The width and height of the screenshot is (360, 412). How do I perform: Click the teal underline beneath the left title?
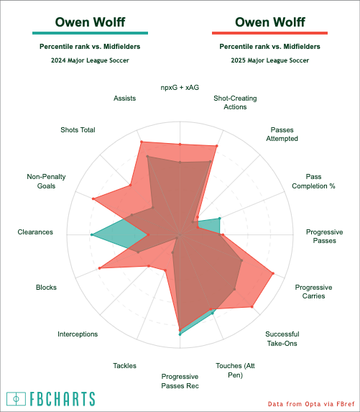click(x=90, y=33)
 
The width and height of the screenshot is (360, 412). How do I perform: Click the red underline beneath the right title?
click(x=269, y=33)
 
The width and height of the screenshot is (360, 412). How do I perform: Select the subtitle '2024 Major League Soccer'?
click(x=90, y=60)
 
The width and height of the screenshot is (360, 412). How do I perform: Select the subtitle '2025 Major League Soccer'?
click(x=270, y=60)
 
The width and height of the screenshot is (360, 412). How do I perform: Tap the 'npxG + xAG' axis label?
click(x=180, y=88)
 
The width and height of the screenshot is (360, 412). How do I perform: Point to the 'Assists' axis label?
click(x=125, y=99)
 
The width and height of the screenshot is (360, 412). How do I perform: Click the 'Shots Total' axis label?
click(x=78, y=130)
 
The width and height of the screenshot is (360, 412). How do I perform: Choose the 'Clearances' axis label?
click(x=35, y=232)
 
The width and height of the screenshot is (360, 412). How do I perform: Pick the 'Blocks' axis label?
click(x=46, y=287)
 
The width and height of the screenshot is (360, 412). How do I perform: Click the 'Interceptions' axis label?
click(x=78, y=334)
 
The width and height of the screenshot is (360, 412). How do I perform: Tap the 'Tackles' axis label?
click(x=125, y=365)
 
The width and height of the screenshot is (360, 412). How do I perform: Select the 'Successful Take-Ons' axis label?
click(x=282, y=339)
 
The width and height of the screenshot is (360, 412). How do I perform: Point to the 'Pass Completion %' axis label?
click(x=313, y=181)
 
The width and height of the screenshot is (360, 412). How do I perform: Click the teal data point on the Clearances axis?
click(x=92, y=234)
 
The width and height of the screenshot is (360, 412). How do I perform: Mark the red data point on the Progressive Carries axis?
click(x=273, y=273)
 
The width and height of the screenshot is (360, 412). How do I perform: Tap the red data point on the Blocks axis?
click(x=99, y=268)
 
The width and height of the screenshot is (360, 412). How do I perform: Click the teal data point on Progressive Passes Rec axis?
click(x=180, y=334)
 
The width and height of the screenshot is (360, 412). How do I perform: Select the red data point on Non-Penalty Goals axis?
click(x=93, y=198)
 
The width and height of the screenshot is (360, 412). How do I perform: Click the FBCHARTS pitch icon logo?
click(x=17, y=399)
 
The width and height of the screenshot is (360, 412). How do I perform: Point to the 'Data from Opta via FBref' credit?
click(x=311, y=404)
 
